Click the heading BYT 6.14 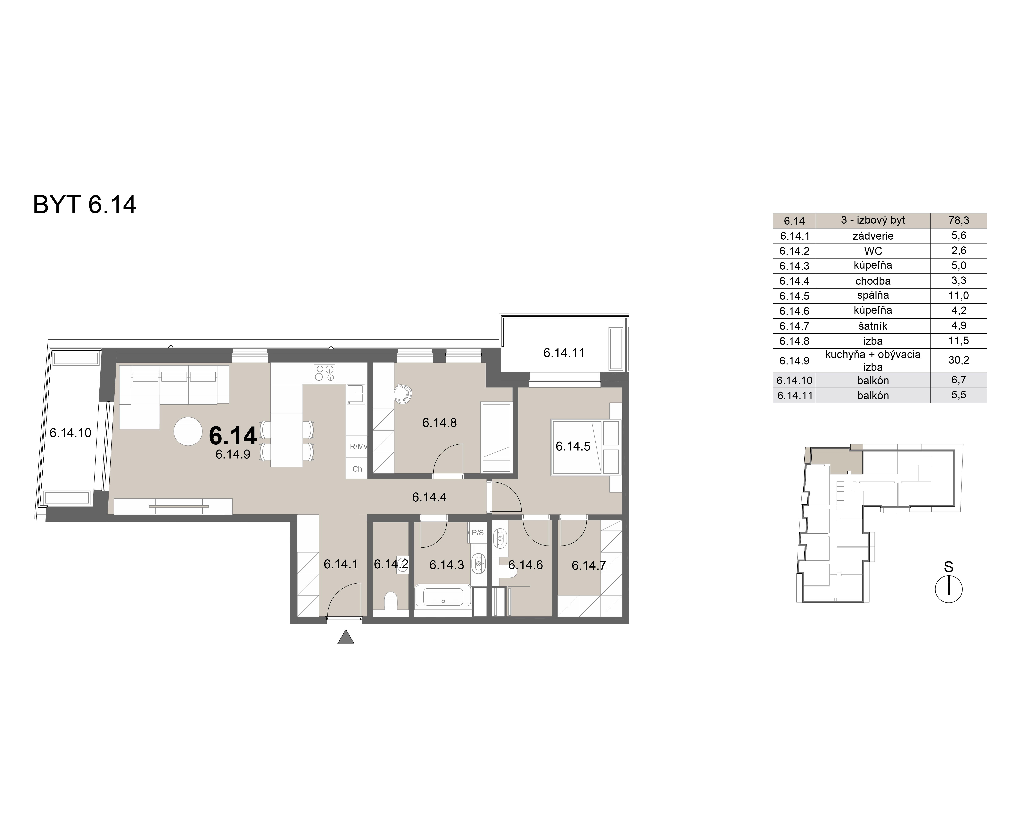coord(85,205)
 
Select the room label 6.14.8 coord(439,423)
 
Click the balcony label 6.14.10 coord(70,433)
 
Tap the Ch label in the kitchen coord(357,469)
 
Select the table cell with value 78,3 coord(958,221)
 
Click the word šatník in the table coord(873,326)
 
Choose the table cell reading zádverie coord(873,236)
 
